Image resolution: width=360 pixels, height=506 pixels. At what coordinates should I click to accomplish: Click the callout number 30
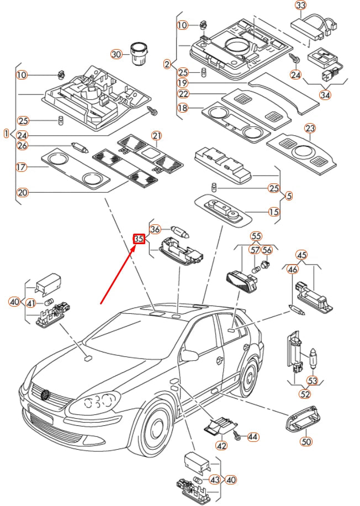click(x=116, y=54)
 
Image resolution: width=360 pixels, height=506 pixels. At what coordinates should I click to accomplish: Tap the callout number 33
click(x=300, y=6)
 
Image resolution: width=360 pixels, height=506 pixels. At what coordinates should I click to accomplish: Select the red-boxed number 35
click(x=139, y=239)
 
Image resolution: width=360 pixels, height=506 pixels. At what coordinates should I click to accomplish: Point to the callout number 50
click(x=305, y=441)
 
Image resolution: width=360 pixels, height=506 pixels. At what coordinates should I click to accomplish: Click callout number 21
click(x=156, y=136)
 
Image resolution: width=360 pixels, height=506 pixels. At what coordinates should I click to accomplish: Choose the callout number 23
click(x=310, y=129)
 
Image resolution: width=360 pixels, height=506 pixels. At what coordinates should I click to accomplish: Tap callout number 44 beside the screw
click(x=252, y=437)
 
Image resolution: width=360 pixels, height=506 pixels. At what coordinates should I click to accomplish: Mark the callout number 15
click(x=274, y=212)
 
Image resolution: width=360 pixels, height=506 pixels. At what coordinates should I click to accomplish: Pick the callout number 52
click(x=305, y=394)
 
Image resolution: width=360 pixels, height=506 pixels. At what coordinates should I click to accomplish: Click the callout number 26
click(x=23, y=146)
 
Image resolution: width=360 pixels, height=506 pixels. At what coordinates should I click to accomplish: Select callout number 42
click(x=221, y=445)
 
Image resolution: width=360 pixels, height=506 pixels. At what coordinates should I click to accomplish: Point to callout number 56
click(x=267, y=250)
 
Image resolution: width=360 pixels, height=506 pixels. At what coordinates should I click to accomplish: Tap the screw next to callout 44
click(x=236, y=436)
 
